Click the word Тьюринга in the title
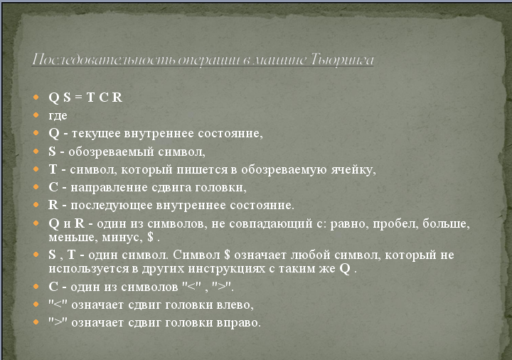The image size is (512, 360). pos(341,60)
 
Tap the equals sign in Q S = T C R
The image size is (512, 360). pos(78,97)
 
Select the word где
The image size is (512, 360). pos(58,116)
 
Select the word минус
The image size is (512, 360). pos(122,237)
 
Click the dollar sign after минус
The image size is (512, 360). pos(150,236)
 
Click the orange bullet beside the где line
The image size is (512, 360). pos(36,115)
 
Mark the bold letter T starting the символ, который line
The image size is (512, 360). pos(53,169)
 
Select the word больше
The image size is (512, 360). pos(446,224)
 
